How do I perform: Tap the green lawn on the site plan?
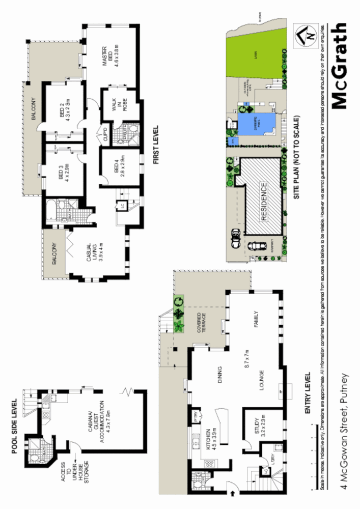coord(255,51)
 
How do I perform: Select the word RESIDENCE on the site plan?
coord(263,201)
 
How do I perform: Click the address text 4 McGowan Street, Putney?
coord(346,438)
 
